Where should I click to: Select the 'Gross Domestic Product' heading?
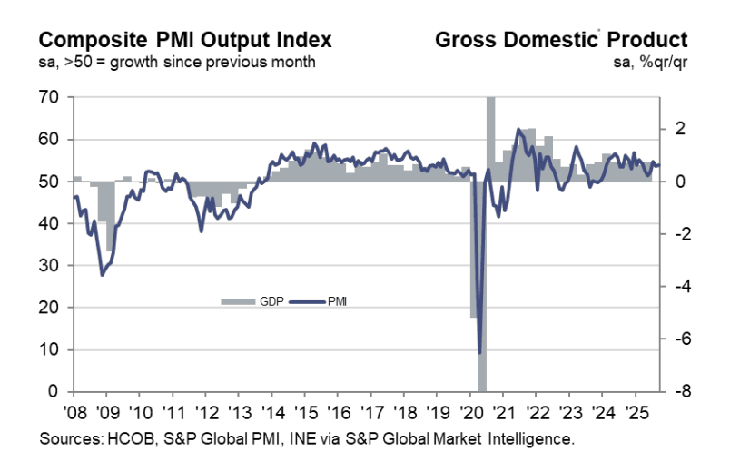pos(561,41)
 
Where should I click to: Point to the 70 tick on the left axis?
pos(49,97)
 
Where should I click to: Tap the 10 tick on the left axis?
pos(49,349)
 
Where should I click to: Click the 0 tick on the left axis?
pos(53,392)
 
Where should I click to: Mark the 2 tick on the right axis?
pos(680,129)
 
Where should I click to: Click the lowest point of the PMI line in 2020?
pos(479,352)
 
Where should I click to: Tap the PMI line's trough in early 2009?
pos(102,274)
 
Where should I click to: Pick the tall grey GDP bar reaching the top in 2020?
pos(491,136)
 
